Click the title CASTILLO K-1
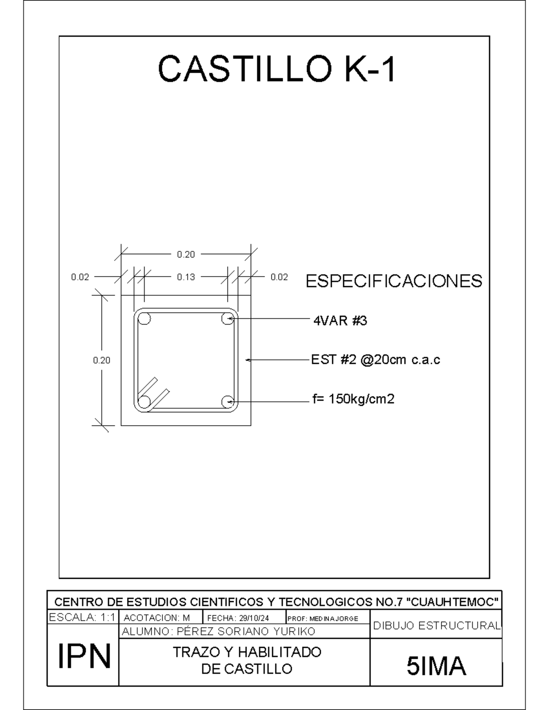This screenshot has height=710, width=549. click(277, 69)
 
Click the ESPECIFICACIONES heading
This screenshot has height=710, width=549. click(394, 281)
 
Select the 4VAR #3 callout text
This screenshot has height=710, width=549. click(340, 321)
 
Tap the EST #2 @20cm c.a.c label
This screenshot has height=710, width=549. click(375, 360)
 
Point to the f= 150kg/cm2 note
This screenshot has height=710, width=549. click(353, 399)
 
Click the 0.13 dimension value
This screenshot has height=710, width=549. click(186, 277)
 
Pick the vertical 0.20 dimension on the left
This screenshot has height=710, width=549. click(102, 360)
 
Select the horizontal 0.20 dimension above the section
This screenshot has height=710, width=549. click(186, 254)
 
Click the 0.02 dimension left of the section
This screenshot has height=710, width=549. click(80, 277)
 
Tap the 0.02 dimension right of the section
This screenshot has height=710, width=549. click(279, 277)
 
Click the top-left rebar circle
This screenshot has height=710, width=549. click(144, 318)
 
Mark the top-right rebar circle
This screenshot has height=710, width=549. click(227, 318)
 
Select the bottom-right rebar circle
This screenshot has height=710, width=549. click(227, 401)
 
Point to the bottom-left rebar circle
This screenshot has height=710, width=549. click(144, 401)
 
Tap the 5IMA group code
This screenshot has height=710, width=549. click(436, 666)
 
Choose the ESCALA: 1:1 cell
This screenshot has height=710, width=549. click(82, 617)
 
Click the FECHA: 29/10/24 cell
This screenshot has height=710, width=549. click(238, 618)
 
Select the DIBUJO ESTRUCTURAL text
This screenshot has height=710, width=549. click(436, 626)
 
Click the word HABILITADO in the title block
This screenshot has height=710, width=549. click(280, 652)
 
